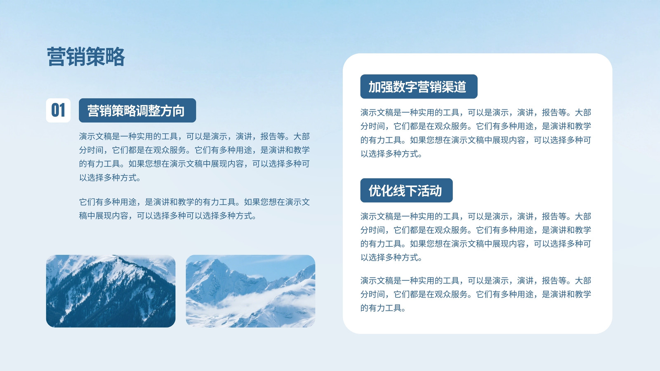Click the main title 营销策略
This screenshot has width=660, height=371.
point(86,56)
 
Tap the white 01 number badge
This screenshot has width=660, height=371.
point(58,110)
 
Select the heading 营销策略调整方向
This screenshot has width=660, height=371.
point(137,110)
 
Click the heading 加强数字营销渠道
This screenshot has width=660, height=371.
point(419,86)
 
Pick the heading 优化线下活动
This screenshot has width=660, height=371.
point(406,190)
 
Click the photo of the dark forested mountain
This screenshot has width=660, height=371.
point(111,291)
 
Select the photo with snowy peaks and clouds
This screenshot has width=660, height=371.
point(250,291)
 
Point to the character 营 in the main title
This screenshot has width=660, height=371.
point(56,56)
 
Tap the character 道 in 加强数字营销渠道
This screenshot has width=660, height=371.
point(460,87)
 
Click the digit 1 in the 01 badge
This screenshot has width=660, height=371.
point(62,110)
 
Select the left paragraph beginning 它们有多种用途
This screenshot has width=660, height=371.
point(194,209)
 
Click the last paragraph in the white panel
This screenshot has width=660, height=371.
point(476,294)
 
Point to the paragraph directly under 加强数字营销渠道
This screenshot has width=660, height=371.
point(476,133)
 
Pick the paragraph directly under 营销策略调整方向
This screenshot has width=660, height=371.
point(194,157)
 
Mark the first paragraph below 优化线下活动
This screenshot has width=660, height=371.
point(476,237)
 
